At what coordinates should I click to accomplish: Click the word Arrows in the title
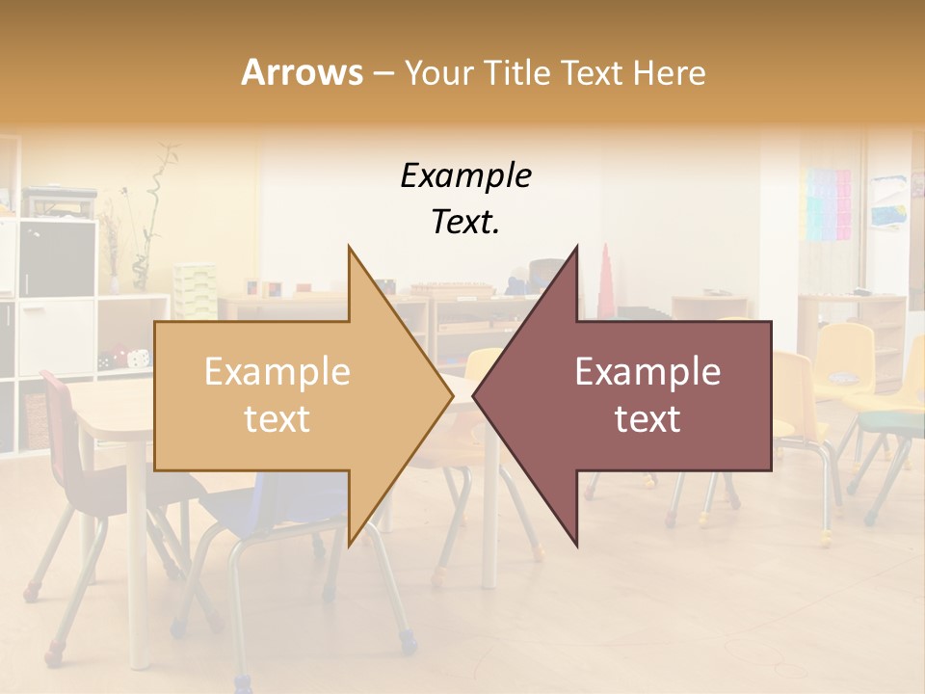click(x=303, y=72)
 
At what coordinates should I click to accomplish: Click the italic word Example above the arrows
click(x=465, y=176)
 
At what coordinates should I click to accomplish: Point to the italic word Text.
click(x=465, y=222)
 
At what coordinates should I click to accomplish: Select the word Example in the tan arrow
click(x=277, y=372)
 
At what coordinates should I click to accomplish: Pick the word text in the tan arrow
click(x=277, y=419)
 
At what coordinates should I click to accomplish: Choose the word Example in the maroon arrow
click(x=647, y=372)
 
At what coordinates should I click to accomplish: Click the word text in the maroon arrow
click(x=647, y=419)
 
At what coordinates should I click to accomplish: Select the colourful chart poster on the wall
click(x=828, y=204)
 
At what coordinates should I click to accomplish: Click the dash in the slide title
click(x=383, y=73)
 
